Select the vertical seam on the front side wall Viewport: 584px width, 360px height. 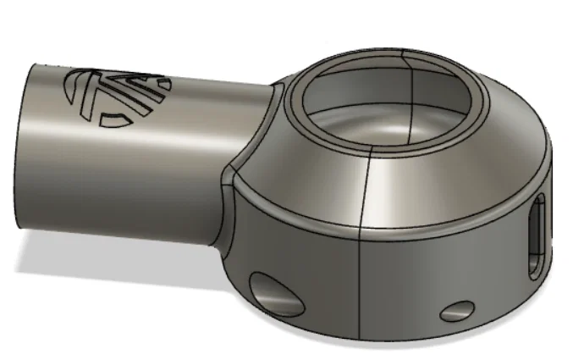(x=362, y=271)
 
